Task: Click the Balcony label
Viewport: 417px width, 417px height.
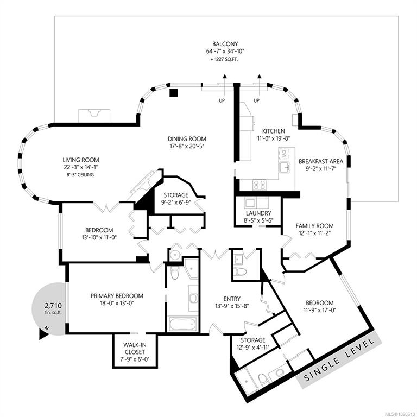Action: click(226, 44)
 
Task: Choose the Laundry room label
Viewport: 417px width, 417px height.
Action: click(258, 213)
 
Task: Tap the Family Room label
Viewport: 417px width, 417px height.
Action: click(314, 225)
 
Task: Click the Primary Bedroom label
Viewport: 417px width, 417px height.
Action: click(117, 296)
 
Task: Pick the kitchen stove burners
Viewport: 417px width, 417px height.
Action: click(259, 184)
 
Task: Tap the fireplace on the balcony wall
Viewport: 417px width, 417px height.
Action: click(95, 116)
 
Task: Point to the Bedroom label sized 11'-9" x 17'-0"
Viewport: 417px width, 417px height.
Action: click(319, 302)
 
